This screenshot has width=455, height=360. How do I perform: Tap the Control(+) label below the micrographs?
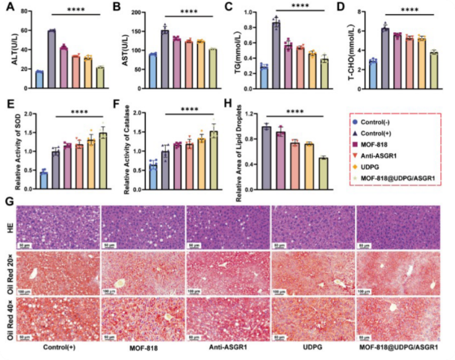(57, 347)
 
